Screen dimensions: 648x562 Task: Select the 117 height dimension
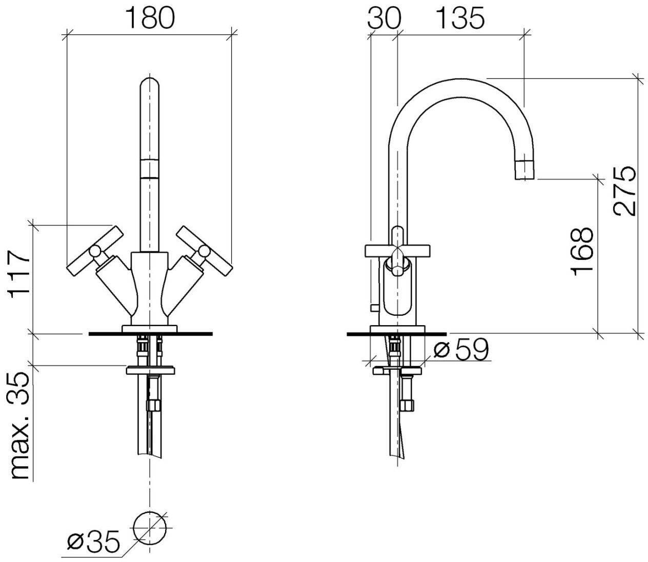[x=19, y=274]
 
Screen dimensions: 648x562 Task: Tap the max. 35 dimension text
[x=19, y=426]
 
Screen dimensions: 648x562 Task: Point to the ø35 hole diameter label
[x=93, y=542]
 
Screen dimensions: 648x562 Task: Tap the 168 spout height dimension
[x=582, y=251]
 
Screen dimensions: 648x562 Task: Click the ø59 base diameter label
[x=461, y=350]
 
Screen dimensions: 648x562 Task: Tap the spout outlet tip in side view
[x=524, y=170]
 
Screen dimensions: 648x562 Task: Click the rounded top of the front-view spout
[x=150, y=85]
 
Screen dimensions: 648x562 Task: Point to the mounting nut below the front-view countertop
[x=150, y=370]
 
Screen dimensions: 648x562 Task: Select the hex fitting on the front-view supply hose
[x=153, y=405]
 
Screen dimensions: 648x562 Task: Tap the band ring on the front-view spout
[x=150, y=169]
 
